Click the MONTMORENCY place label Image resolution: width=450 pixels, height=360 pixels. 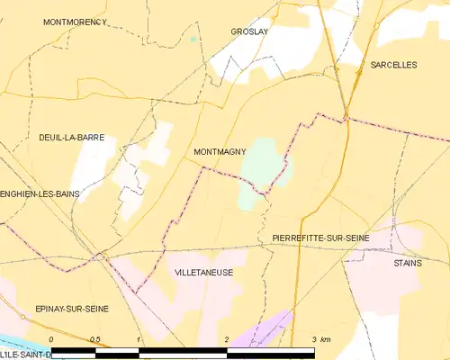(x=75, y=21)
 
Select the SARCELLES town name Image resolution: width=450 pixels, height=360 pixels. (x=393, y=65)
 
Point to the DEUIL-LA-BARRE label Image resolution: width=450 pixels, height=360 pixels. (x=71, y=138)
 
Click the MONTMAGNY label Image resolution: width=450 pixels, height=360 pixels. (x=220, y=152)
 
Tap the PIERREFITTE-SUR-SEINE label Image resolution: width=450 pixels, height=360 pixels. (x=320, y=237)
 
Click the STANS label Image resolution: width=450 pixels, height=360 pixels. (x=408, y=263)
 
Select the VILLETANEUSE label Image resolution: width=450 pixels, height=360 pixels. (x=204, y=271)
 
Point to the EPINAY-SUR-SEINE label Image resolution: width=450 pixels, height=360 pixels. (x=71, y=309)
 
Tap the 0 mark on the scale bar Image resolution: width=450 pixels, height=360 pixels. (x=51, y=339)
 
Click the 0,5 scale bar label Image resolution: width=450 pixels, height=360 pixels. (x=95, y=339)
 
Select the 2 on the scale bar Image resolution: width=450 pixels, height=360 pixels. (x=227, y=339)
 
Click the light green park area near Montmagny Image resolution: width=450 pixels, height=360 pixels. (x=262, y=162)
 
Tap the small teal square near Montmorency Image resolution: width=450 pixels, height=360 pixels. (x=193, y=40)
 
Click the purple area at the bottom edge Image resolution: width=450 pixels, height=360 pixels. (x=270, y=328)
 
